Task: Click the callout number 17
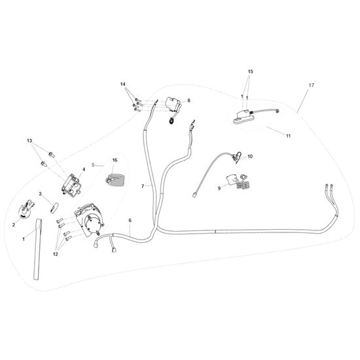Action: (311, 85)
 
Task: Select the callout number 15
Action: (251, 71)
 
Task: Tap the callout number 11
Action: (288, 135)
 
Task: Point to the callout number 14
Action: (123, 84)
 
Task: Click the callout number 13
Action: (29, 141)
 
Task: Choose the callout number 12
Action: (56, 254)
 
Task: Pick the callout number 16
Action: (115, 160)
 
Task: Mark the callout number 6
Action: (130, 221)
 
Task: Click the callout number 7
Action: (143, 186)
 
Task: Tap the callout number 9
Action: (219, 189)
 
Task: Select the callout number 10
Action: (250, 156)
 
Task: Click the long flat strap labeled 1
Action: (38, 249)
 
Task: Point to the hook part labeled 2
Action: (26, 209)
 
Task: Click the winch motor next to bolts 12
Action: (89, 220)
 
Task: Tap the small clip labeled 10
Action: (236, 157)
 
